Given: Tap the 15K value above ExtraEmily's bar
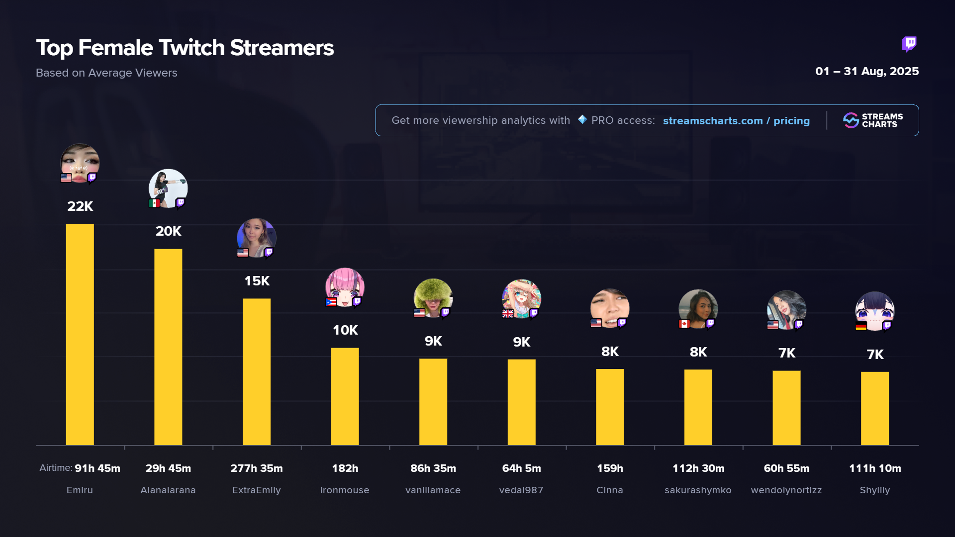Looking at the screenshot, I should pos(257,281).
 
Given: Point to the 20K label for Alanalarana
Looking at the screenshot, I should pos(168,231).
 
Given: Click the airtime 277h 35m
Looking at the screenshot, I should pos(257,468).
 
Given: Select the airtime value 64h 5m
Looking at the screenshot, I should pos(521,468).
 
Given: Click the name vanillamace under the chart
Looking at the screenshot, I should pos(433,490).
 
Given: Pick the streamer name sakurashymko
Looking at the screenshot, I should pos(698,490).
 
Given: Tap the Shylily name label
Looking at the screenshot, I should pos(874,490).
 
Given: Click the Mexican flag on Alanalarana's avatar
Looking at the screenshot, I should pos(155,203).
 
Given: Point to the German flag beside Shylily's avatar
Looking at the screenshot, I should pos(861,326).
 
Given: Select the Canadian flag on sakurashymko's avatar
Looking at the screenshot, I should pos(684,324).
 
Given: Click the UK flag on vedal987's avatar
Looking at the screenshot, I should pos(508,313).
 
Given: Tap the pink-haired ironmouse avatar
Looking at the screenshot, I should pos(345,286).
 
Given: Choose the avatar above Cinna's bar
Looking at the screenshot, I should pos(610,307).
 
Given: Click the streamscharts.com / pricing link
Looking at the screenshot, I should pos(736,121).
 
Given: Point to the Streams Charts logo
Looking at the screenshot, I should pos(873,120).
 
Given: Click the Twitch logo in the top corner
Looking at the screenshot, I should pos(909,44).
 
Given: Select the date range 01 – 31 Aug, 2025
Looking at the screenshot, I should pos(867,71).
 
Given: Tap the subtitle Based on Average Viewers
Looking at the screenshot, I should pos(106,73).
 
